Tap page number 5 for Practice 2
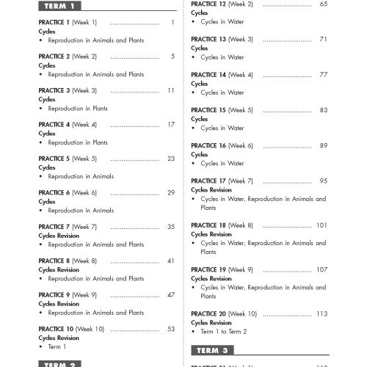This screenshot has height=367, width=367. point(172,57)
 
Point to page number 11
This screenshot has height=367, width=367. point(170,90)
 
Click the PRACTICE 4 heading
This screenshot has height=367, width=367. point(54,125)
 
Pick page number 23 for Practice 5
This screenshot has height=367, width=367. point(170,159)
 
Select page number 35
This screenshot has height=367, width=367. point(170,227)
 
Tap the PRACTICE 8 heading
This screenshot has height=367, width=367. point(54,261)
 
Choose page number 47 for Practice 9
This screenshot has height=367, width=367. point(170,294)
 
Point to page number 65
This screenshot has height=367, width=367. point(323,4)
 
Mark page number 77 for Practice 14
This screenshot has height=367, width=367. point(323,75)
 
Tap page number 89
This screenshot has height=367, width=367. point(323,145)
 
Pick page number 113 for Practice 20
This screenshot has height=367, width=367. point(321,313)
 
